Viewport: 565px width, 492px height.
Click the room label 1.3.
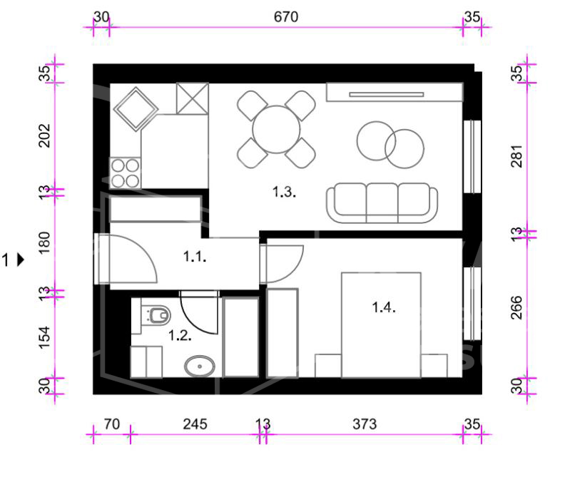[x=284, y=192]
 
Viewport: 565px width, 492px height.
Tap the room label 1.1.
[x=195, y=257]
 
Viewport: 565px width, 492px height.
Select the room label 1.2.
[x=180, y=336]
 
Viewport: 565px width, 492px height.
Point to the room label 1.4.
[x=384, y=307]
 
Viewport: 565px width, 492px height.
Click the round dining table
[x=276, y=129]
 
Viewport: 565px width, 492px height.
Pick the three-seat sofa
[x=382, y=203]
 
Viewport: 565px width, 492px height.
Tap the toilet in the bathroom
[x=156, y=315]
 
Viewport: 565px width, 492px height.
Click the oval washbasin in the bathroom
[x=200, y=367]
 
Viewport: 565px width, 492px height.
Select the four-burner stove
[x=125, y=173]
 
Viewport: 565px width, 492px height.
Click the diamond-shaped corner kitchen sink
[x=136, y=109]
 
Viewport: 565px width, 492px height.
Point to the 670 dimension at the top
[x=286, y=17]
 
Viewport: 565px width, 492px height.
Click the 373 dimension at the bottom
[x=365, y=424]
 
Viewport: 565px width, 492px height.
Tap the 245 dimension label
[x=195, y=424]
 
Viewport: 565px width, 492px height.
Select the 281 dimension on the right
[x=516, y=156]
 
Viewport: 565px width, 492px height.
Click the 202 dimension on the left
[x=44, y=135]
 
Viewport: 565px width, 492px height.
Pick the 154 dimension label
[x=44, y=337]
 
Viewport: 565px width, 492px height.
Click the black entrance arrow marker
[x=21, y=260]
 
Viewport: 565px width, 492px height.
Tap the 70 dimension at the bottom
[x=112, y=424]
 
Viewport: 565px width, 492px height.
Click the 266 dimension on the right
[x=516, y=307]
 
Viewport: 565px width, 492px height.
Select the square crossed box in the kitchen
[x=193, y=98]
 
